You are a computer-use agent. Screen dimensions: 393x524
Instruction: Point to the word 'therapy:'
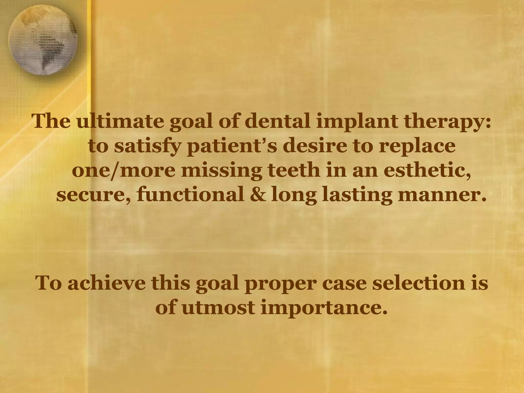pos(445,122)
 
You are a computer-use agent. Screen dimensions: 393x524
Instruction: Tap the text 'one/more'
pos(124,171)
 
